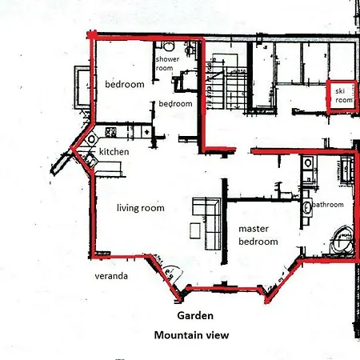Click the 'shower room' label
167,63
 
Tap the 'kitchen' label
114,152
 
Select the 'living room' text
141,208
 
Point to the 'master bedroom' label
258,235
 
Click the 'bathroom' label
328,205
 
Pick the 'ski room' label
344,95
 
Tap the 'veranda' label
111,276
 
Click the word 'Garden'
195,316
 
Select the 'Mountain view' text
191,335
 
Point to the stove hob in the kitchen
110,132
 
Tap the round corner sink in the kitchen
91,139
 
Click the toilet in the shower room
169,46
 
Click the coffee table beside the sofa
195,230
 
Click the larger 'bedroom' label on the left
125,85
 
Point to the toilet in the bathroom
308,163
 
